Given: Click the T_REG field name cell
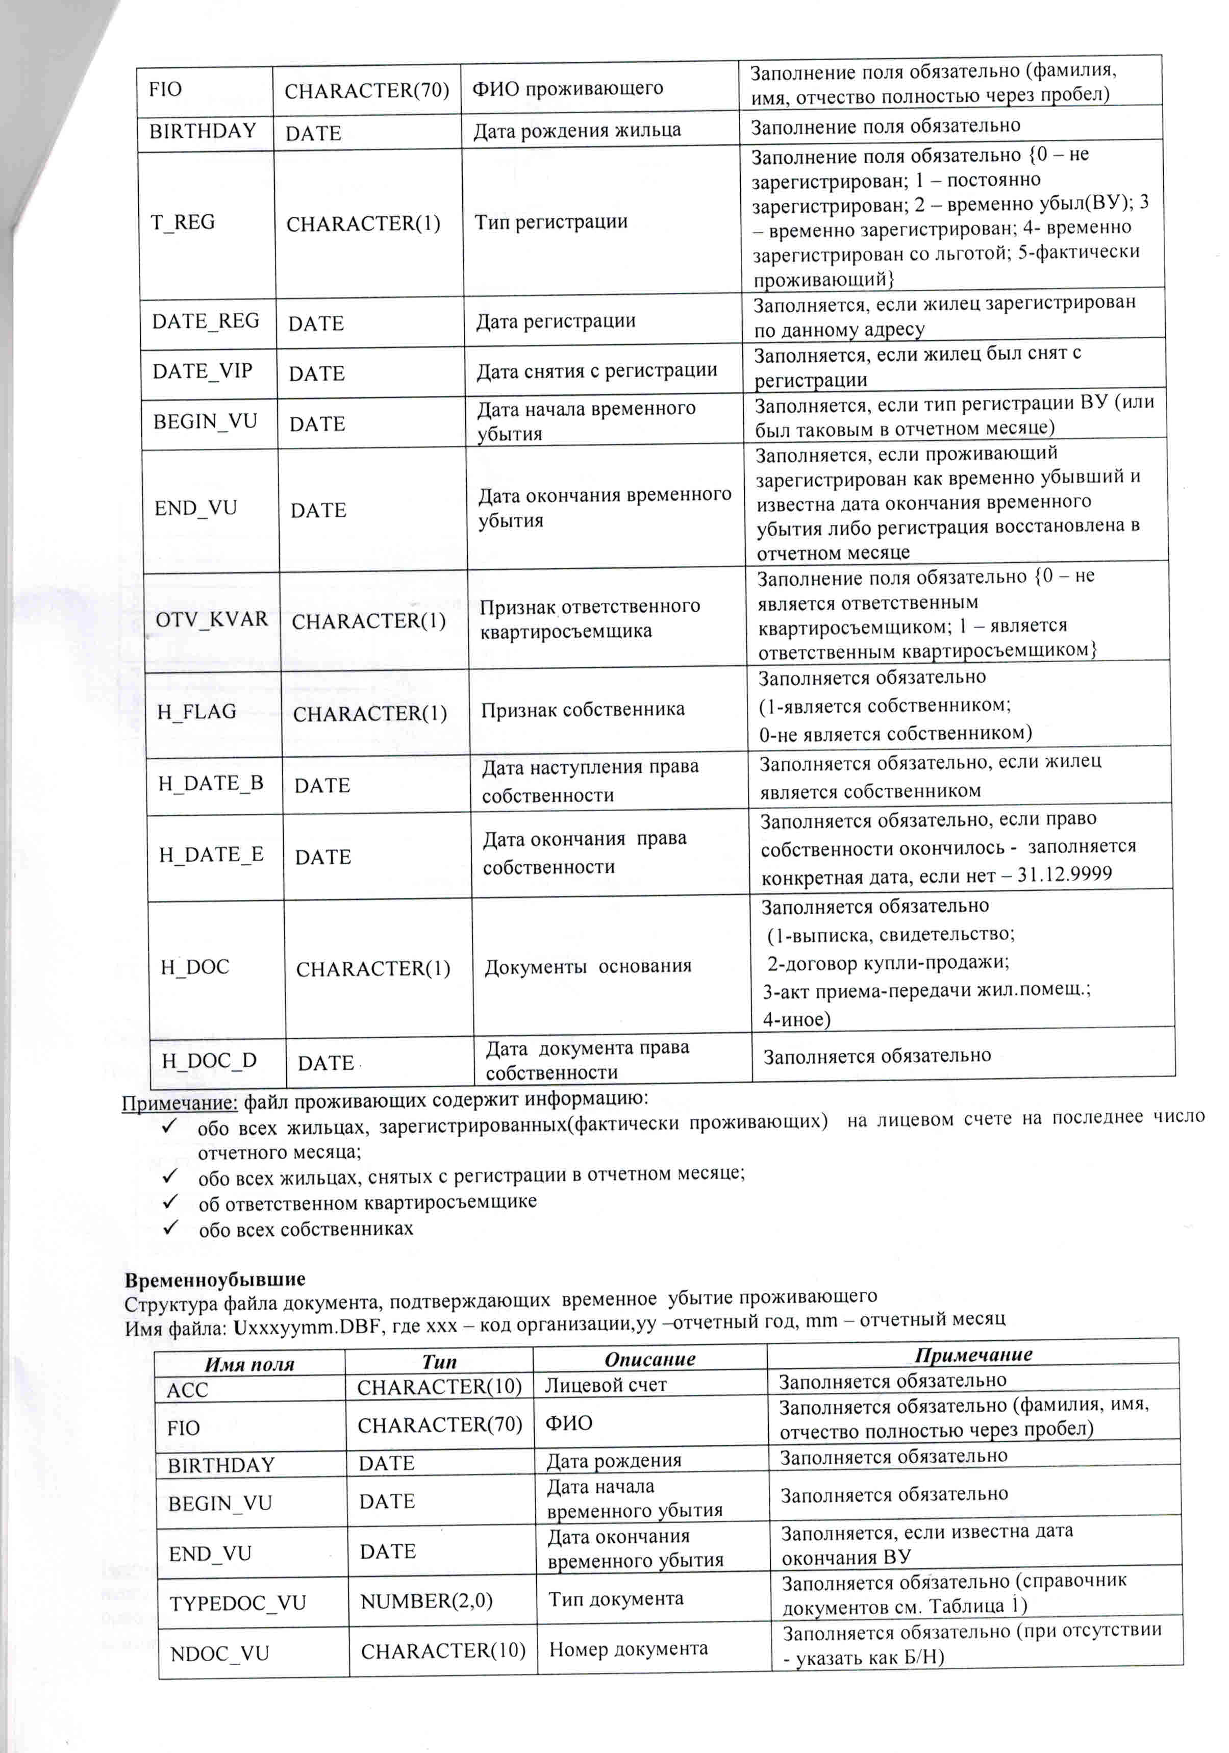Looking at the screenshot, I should coord(183,222).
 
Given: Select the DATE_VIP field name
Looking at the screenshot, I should coord(203,371).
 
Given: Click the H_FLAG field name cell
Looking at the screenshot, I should coord(197,712).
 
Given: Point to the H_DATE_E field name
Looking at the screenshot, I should coord(211,855).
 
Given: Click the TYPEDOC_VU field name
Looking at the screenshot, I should coord(237,1602).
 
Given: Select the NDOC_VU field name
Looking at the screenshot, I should coord(220,1653).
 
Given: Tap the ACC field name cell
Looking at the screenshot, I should coord(187,1390).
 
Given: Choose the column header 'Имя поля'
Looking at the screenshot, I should coord(249,1364).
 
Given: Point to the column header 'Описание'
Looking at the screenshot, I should coord(649,1359).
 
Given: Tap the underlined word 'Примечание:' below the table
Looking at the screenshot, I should coord(180,1103).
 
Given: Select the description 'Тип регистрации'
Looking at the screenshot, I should coord(551,221).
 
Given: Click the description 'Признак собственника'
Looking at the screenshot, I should coord(583,709).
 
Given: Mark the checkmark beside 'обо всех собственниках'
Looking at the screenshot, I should coord(170,1227).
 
